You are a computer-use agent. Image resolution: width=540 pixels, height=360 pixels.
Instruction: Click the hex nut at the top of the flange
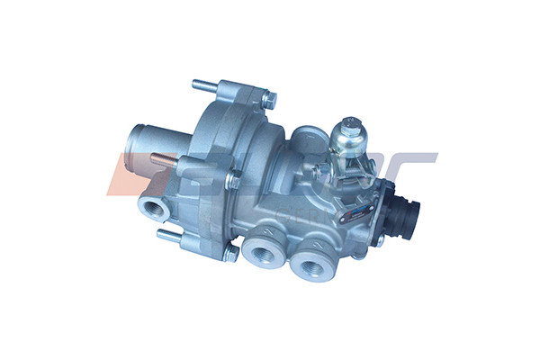tap(268, 99)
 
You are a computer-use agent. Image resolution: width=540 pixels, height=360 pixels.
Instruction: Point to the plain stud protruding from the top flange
tap(206, 86)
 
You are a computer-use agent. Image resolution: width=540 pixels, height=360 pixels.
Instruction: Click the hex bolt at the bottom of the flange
tap(229, 254)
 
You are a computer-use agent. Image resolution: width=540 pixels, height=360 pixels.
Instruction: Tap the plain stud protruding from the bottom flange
tap(170, 236)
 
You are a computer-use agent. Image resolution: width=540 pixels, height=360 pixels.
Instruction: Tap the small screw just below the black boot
tap(381, 241)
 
